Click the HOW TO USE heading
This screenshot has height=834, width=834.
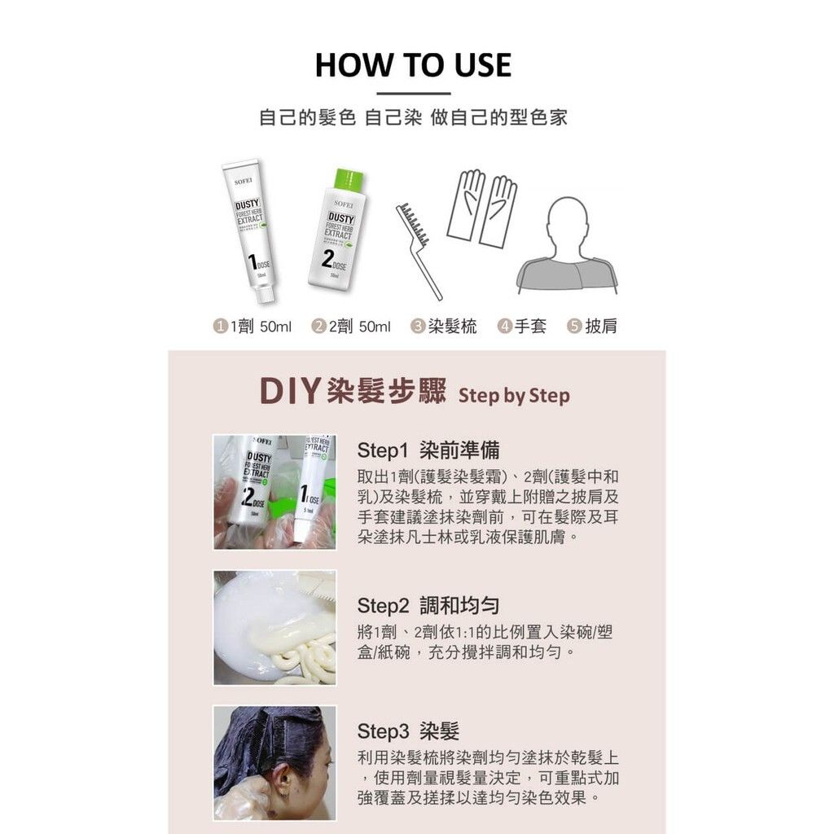(413, 65)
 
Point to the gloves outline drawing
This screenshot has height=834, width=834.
(482, 208)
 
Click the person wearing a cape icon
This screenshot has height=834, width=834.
(566, 244)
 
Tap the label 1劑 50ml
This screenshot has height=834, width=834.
(252, 327)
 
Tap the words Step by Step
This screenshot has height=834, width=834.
(514, 397)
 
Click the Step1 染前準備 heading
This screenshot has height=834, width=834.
(428, 450)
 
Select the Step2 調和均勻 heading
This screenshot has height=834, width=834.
(428, 605)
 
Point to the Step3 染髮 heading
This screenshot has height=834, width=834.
(408, 731)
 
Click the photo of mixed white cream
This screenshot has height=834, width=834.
(274, 627)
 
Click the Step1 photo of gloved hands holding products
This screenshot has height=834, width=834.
(274, 491)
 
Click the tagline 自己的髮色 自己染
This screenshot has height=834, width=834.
(340, 117)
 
